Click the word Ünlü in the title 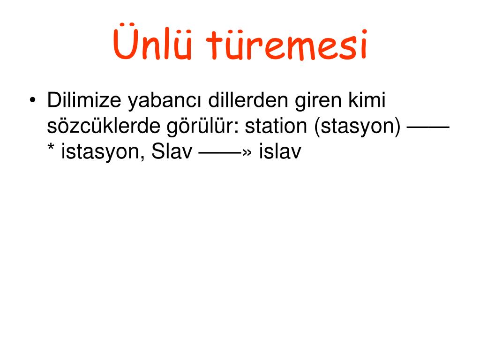point(152,42)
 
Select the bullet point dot point(33,100)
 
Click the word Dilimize point(84,100)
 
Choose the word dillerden point(248,100)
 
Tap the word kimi point(367,100)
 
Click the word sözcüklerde point(104,126)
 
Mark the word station point(276,126)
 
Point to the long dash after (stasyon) point(428,126)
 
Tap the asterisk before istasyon point(51,147)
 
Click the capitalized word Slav point(172,151)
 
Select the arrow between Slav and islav point(225,152)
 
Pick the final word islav point(280,151)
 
